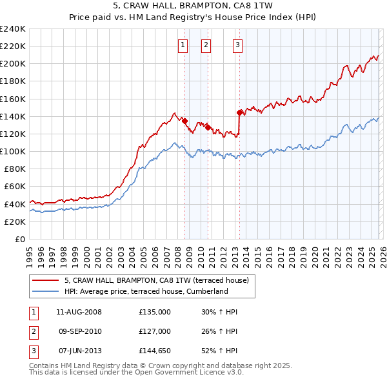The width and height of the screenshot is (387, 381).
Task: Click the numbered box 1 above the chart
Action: click(x=183, y=45)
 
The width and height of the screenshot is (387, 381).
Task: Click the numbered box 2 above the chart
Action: click(x=206, y=45)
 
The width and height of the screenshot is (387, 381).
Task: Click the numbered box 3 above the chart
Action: click(x=237, y=45)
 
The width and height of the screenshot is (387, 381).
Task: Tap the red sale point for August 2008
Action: click(x=184, y=121)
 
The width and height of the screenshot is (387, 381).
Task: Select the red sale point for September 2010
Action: click(x=208, y=127)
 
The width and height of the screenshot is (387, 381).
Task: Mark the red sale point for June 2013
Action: click(x=239, y=112)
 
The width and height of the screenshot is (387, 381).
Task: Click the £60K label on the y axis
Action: click(x=15, y=187)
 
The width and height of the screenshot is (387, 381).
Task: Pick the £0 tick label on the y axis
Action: click(x=20, y=239)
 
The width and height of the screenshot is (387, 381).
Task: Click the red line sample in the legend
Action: click(x=45, y=280)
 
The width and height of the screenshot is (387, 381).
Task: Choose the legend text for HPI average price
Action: click(x=146, y=291)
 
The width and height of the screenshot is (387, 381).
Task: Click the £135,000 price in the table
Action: click(x=155, y=312)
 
